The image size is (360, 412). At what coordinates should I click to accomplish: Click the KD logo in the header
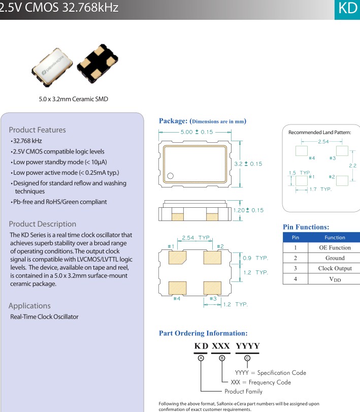[x=348, y=9]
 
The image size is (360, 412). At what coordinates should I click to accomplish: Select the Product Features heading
[x=37, y=130]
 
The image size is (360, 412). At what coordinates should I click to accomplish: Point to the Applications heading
[x=29, y=305]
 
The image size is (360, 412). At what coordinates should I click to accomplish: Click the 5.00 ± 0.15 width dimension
[x=196, y=132]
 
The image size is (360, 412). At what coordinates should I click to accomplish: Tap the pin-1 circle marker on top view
[x=170, y=176]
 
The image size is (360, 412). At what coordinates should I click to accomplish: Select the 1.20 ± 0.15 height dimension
[x=248, y=210]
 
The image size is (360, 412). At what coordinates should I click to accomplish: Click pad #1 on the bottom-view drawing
[x=178, y=257]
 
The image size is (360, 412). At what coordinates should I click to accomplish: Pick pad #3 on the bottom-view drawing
[x=213, y=288]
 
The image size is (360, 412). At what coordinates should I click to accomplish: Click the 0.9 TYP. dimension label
[x=255, y=258]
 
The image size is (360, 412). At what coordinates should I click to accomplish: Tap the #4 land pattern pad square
[x=302, y=151]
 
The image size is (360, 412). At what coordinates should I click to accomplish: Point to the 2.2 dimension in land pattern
[x=352, y=166]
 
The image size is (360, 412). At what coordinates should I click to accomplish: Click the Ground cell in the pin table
[x=335, y=258]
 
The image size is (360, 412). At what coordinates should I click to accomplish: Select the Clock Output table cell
[x=335, y=268]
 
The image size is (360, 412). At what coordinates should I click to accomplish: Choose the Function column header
[x=335, y=237]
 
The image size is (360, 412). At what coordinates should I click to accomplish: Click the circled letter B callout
[x=222, y=358]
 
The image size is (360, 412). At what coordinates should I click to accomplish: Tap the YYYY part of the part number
[x=247, y=346]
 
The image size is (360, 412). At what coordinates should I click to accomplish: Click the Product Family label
[x=243, y=391]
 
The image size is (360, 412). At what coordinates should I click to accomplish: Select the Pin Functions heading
[x=306, y=227]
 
